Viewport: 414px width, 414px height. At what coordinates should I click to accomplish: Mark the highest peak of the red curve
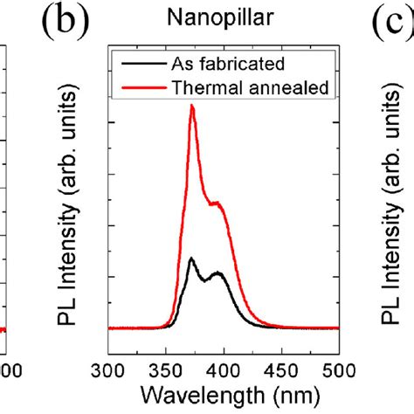tap(192, 107)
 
